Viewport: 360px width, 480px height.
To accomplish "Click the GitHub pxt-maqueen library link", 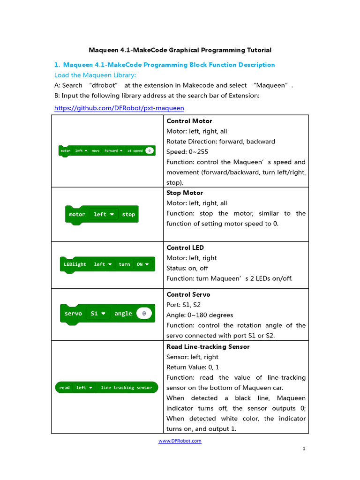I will (x=119, y=108).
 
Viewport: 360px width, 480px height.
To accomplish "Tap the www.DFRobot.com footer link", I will (x=180, y=441).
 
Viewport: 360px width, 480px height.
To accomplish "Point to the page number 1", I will (x=304, y=449).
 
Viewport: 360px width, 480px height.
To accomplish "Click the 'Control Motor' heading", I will (x=189, y=121).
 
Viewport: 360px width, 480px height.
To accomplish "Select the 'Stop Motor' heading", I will (x=185, y=193).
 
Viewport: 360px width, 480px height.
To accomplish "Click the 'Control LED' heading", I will (x=185, y=247).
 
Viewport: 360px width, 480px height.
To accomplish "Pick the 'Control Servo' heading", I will (x=188, y=294).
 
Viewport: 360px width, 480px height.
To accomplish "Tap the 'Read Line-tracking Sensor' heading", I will (x=208, y=347).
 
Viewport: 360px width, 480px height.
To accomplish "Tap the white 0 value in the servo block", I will (x=144, y=314).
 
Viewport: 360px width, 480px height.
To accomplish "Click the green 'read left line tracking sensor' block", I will (x=106, y=388).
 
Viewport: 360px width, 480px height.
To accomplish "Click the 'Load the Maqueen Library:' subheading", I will (x=95, y=75).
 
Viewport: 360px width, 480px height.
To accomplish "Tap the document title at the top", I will (x=180, y=50).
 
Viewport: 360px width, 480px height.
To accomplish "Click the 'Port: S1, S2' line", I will (x=184, y=305).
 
